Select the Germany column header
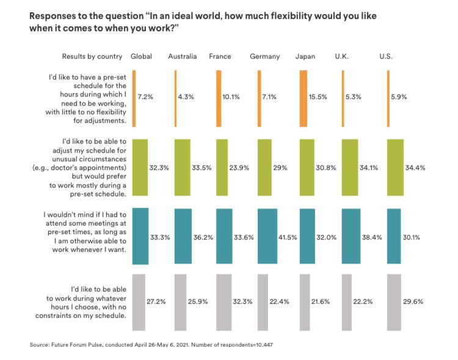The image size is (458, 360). pos(264,56)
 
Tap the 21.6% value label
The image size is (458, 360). pos(321,301)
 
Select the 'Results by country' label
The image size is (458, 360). pos(92,56)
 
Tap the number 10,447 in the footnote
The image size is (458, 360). pos(262,345)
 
